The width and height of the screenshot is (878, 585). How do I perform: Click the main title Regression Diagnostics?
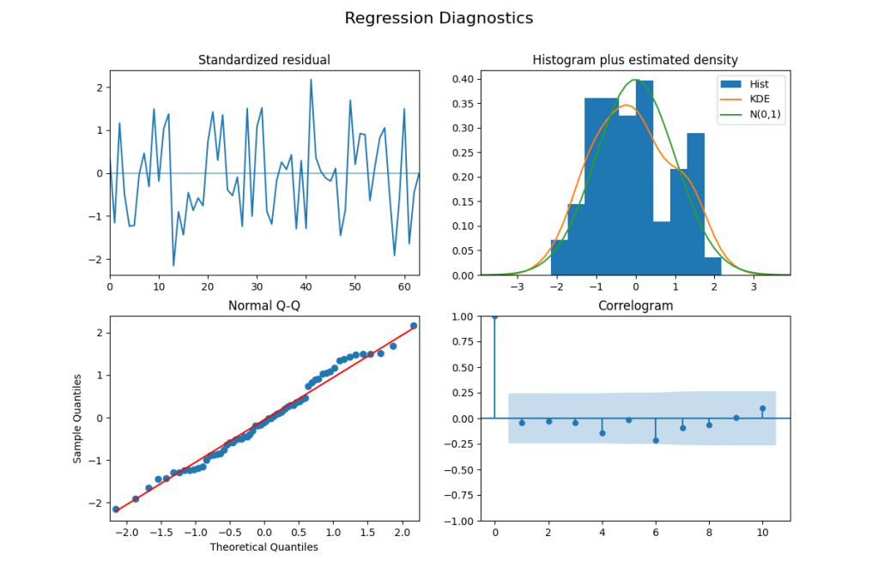(439, 18)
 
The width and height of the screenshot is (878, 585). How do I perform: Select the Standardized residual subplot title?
(263, 60)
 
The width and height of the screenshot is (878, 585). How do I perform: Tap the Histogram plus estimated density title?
(635, 60)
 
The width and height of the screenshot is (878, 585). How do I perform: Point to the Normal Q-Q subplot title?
(263, 305)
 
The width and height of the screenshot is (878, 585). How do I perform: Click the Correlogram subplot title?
(635, 305)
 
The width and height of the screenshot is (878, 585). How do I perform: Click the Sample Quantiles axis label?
(77, 418)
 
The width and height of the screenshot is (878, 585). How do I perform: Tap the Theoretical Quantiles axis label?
(263, 546)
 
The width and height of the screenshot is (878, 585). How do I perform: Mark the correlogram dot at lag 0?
(494, 316)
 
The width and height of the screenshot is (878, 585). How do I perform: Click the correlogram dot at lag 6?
(656, 440)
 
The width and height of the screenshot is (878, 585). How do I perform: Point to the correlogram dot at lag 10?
(762, 408)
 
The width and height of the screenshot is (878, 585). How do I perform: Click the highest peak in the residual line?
(311, 80)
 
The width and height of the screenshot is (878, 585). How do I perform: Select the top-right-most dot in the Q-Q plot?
(414, 326)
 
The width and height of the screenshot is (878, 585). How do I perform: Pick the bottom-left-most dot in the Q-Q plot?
(116, 510)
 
